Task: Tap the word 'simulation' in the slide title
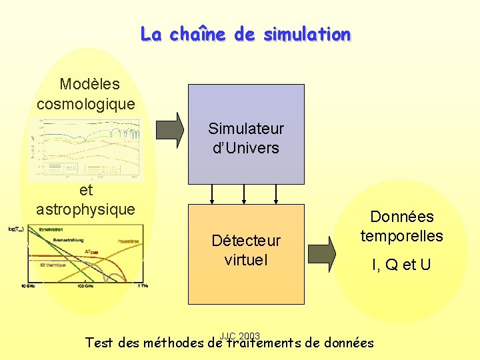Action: (x=307, y=34)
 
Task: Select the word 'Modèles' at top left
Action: (x=89, y=84)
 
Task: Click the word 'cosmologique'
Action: (x=86, y=104)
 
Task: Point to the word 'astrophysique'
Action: (x=85, y=209)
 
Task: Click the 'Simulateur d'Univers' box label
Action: (x=245, y=138)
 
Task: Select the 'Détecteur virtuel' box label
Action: (x=246, y=250)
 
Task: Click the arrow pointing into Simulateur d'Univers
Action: (x=170, y=129)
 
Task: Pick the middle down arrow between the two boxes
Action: (x=245, y=193)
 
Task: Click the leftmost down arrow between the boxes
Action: (x=212, y=193)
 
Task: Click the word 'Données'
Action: (x=401, y=217)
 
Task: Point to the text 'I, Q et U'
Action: (x=401, y=265)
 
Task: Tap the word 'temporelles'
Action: (x=401, y=235)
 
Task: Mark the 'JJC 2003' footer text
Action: (x=239, y=335)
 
